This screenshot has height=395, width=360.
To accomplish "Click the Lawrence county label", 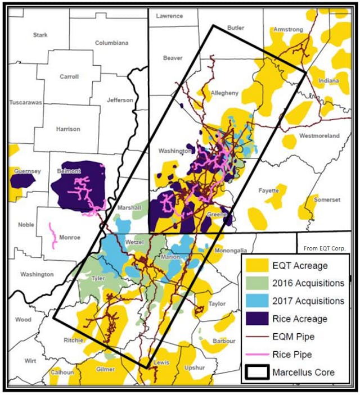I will tap(169, 16).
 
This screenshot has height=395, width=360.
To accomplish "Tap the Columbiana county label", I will tap(111, 43).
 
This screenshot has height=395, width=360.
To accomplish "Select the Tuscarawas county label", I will tap(26, 103).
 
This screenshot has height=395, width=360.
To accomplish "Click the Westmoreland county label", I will tap(319, 136).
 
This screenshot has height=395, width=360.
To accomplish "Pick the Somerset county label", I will tap(327, 199).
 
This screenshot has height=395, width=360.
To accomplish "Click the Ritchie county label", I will tap(73, 340).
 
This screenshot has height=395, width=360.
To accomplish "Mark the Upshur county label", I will tap(195, 369).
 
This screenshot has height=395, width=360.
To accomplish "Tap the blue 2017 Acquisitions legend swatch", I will tap(260, 301).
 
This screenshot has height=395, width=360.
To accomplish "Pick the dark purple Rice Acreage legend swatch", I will tap(260, 319).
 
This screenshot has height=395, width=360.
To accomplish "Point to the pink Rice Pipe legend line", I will tap(260, 355).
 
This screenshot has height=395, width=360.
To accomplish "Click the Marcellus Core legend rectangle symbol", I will tap(260, 372).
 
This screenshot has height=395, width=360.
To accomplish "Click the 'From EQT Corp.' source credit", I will tap(324, 248).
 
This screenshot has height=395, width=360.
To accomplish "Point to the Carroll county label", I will tap(69, 77).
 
